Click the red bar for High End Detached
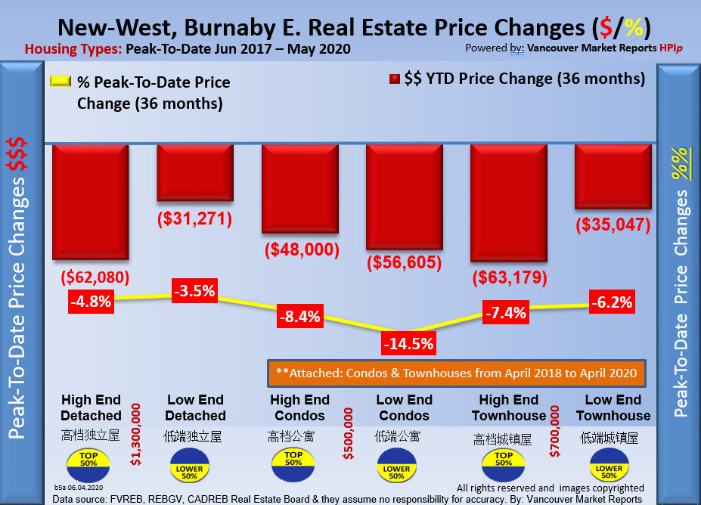tap(90, 202)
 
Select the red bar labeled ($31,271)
tap(194, 172)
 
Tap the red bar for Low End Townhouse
tap(613, 176)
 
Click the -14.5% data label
tap(408, 344)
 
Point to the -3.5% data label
tap(194, 290)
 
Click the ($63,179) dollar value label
tap(508, 277)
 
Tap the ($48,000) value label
tap(300, 250)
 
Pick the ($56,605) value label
tap(405, 262)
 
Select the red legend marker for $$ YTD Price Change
tap(394, 79)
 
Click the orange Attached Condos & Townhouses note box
tap(456, 373)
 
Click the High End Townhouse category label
tap(508, 407)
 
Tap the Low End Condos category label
tap(405, 407)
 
